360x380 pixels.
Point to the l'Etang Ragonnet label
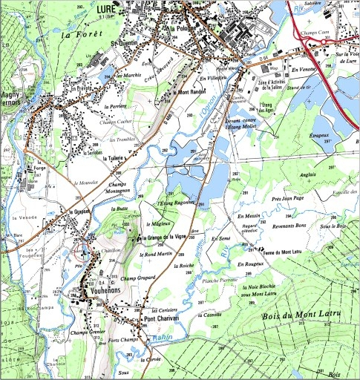point(175,203)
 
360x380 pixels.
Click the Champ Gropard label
point(139,278)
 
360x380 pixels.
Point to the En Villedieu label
point(212,78)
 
